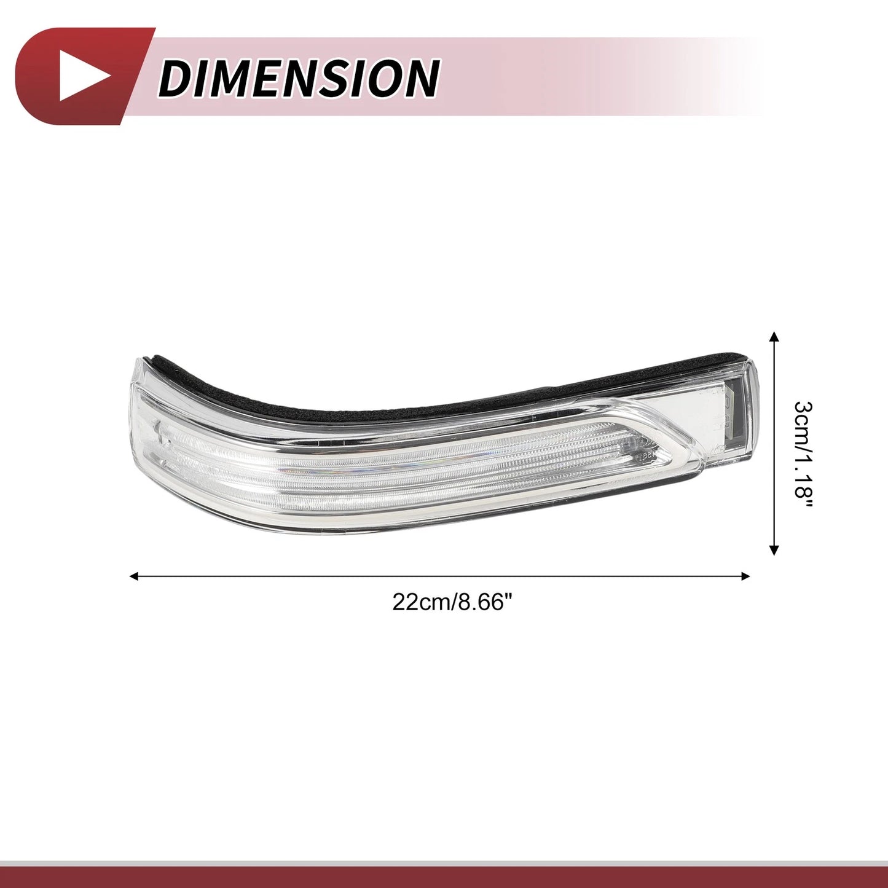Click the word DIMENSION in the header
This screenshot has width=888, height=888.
click(299, 77)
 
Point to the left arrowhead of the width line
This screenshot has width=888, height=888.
click(135, 576)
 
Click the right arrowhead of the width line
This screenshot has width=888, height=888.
click(746, 576)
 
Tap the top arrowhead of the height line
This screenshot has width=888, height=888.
click(774, 336)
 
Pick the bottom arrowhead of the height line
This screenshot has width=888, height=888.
click(774, 550)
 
